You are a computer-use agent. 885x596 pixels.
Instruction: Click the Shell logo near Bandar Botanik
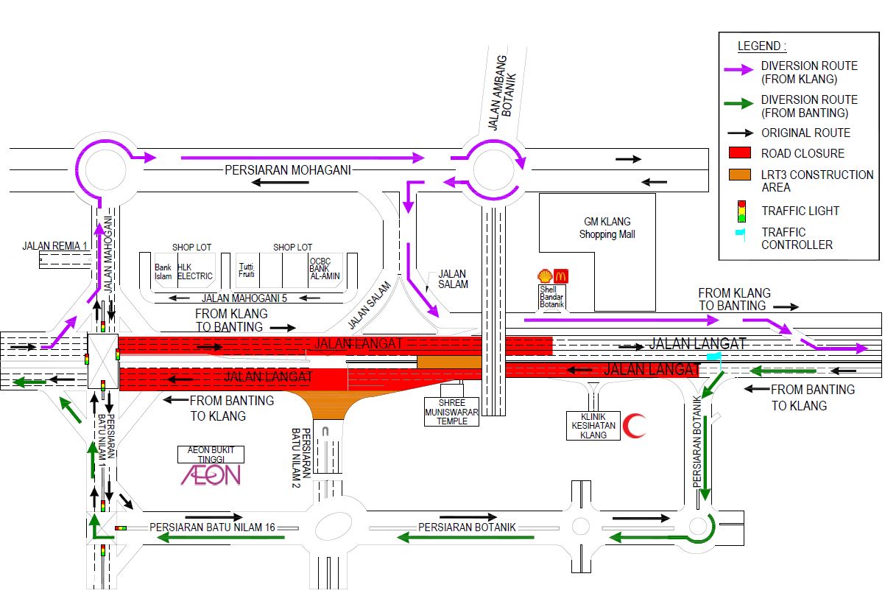pos(545,276)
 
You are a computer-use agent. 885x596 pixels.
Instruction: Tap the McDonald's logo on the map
pos(560,276)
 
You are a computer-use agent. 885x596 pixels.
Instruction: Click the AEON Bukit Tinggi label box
pos(211,455)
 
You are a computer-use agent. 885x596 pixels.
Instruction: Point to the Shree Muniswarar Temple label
pos(451,411)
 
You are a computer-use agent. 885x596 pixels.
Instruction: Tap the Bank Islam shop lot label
pos(163,272)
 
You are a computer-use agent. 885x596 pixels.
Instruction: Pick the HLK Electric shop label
pos(195,272)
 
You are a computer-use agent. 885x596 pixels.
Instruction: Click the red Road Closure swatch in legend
pos(739,153)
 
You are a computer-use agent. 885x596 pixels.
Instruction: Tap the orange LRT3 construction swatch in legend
pos(739,175)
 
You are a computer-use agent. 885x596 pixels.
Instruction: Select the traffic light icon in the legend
pos(742,211)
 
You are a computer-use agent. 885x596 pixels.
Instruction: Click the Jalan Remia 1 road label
pos(55,245)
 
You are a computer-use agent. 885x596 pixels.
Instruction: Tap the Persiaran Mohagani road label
pos(288,169)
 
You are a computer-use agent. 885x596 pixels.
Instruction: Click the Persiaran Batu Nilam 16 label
pos(212,527)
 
